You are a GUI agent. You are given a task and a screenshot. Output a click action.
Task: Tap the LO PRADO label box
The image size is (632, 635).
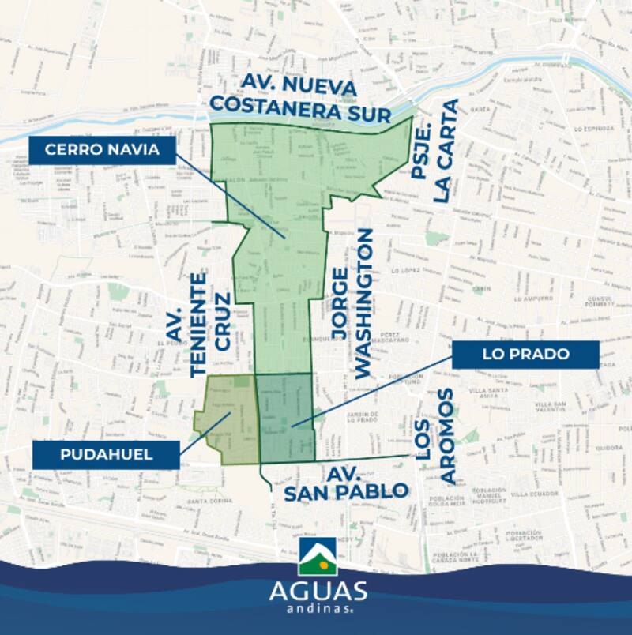coord(525,355)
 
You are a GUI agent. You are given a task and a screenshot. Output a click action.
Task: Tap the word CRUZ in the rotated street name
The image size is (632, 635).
coord(223,322)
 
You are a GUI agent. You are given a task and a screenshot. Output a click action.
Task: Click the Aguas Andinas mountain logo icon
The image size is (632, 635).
coord(318,558)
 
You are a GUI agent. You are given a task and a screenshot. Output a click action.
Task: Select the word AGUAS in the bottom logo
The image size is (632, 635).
coord(318,591)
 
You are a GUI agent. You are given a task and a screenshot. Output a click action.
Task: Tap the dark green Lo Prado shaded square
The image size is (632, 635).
coord(284,417)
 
